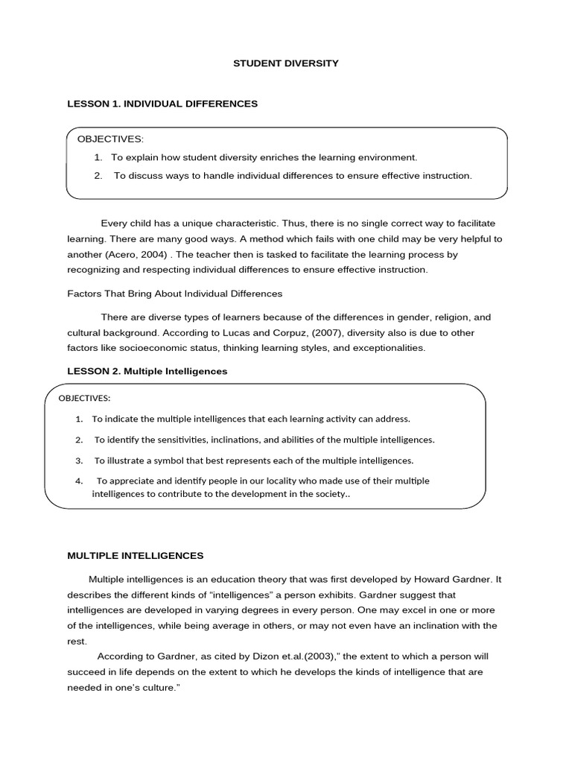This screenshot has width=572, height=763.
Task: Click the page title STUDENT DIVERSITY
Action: click(286, 63)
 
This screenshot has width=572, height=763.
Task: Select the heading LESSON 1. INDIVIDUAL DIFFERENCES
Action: click(162, 104)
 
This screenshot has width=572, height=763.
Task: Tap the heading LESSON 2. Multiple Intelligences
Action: click(147, 370)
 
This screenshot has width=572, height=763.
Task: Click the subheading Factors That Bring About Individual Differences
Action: click(175, 293)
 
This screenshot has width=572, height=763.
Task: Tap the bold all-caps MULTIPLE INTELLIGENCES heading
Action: click(136, 555)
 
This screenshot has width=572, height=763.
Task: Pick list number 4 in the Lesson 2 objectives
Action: click(79, 481)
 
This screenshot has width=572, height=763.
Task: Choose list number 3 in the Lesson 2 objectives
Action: click(79, 460)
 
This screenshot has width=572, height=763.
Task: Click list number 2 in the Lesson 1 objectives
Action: click(98, 176)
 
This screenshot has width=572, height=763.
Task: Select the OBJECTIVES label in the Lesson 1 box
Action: click(110, 139)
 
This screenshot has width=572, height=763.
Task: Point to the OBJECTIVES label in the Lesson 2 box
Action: click(84, 397)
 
